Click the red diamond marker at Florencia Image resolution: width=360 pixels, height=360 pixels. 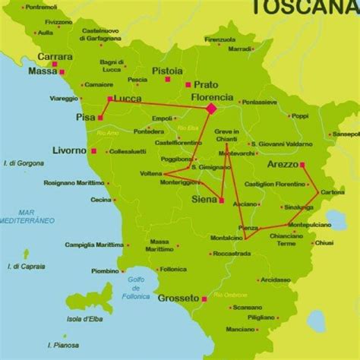211,109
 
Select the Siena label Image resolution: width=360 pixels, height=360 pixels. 202,201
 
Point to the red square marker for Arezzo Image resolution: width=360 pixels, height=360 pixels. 302,164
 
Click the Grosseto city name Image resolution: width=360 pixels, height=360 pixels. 178,298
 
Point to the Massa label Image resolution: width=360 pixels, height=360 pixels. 43,72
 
